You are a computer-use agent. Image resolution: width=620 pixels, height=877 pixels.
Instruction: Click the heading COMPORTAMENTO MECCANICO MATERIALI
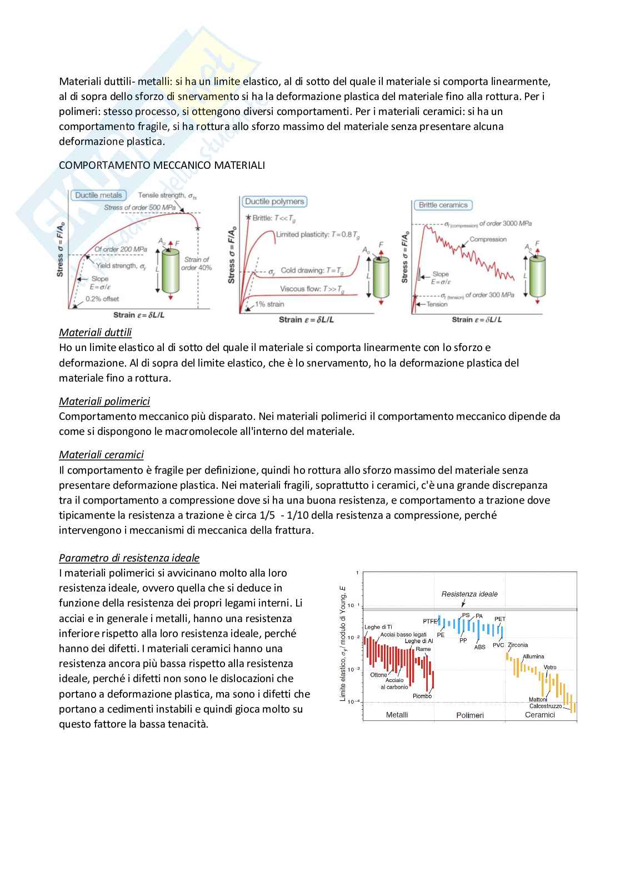[x=162, y=166]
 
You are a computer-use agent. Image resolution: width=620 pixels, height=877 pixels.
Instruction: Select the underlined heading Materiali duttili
[x=96, y=333]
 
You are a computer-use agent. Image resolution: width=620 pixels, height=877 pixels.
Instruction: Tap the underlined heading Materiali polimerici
[x=104, y=402]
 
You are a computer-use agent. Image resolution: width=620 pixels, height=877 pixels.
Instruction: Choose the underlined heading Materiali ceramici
[x=102, y=455]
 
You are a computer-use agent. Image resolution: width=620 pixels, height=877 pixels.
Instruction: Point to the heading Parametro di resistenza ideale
[x=129, y=558]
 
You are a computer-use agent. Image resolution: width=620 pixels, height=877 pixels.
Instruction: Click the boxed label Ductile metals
[x=98, y=196]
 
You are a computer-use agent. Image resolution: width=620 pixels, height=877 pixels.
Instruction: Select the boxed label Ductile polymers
[x=274, y=202]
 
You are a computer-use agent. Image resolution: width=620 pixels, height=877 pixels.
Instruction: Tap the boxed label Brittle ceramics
[x=443, y=205]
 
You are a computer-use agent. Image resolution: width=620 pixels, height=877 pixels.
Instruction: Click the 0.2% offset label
[x=102, y=299]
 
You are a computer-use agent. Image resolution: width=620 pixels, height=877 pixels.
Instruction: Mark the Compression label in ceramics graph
[x=488, y=239]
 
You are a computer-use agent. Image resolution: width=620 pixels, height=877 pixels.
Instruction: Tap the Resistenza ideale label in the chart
[x=469, y=594]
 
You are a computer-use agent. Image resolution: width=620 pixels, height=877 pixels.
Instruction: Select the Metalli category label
[x=397, y=715]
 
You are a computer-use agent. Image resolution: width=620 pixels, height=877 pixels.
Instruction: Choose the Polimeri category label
[x=470, y=715]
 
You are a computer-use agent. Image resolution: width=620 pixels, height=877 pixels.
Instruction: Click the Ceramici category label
[x=540, y=715]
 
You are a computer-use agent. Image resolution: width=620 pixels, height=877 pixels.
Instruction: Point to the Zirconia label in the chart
[x=518, y=645]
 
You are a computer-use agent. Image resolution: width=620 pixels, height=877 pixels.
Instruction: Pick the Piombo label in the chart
[x=422, y=696]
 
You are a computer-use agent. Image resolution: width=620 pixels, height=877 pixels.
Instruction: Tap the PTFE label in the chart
[x=430, y=622]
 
